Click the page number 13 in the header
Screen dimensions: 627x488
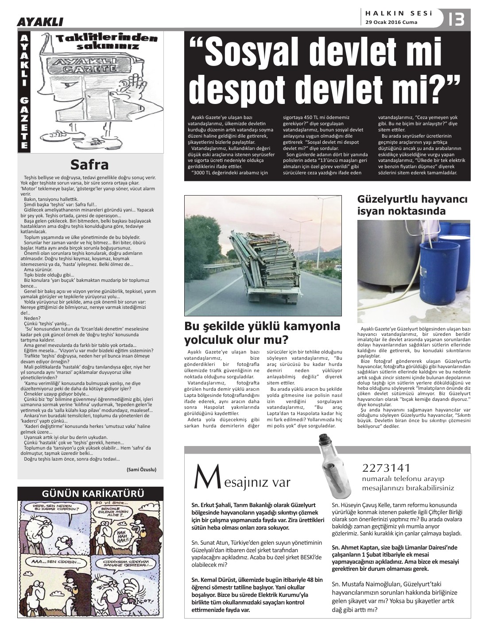[456, 19]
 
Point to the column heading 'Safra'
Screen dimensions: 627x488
[90, 165]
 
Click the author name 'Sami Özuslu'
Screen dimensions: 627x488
[142, 469]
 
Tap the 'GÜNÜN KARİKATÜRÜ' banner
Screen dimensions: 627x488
[90, 493]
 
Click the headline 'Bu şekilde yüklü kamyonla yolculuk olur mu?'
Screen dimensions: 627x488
[262, 333]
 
